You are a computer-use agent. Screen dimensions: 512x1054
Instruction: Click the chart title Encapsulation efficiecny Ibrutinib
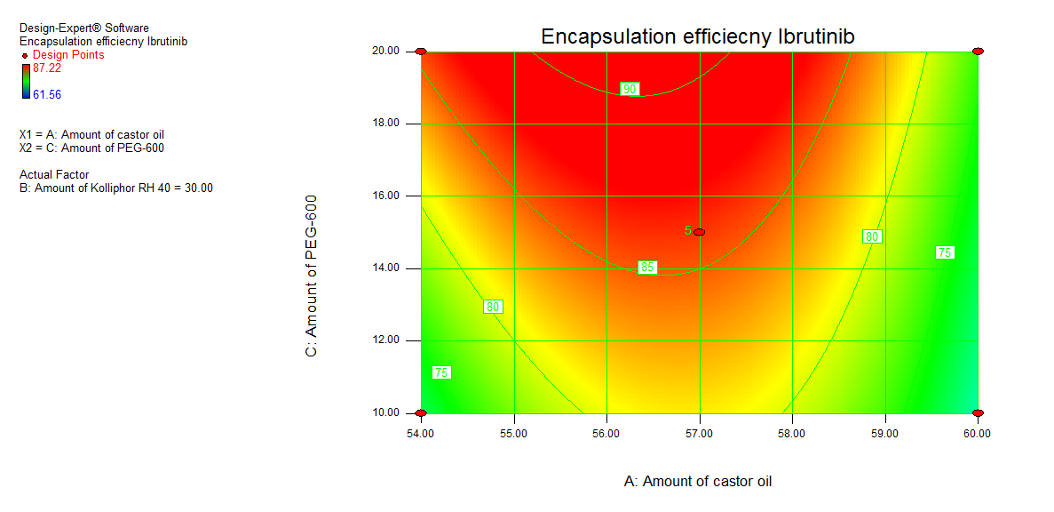tap(698, 36)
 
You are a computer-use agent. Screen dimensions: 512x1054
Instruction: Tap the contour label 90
tap(630, 89)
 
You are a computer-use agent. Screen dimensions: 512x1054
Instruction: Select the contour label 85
tap(647, 268)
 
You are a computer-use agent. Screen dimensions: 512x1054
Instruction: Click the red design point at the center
tap(700, 232)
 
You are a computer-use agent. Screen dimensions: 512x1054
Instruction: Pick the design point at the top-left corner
tap(421, 52)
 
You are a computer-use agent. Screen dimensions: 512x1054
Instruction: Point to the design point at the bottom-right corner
tap(978, 413)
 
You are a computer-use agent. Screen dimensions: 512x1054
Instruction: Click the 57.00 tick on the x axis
tap(700, 434)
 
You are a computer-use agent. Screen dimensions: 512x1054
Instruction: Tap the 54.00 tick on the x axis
tap(421, 434)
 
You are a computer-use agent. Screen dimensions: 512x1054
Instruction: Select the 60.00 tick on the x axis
tap(978, 434)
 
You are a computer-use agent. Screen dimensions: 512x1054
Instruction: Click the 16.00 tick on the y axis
tap(389, 196)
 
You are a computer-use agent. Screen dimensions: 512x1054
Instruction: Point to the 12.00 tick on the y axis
tap(389, 340)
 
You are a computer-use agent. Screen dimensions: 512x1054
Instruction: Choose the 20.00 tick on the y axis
tap(389, 52)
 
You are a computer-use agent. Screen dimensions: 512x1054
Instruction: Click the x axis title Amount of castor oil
tap(698, 481)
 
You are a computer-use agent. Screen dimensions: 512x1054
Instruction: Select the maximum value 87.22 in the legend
tap(47, 68)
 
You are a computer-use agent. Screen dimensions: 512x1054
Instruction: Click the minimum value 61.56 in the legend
tap(47, 94)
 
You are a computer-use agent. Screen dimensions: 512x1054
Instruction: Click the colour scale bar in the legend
tap(25, 81)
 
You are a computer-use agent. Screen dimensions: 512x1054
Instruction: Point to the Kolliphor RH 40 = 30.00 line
tap(115, 188)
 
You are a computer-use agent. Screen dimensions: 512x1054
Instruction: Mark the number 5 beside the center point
tap(687, 230)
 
